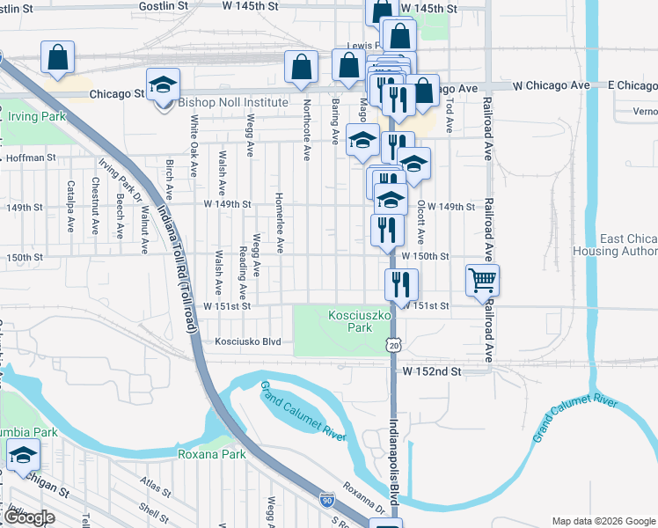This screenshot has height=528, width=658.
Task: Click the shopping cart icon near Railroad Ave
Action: pyautogui.click(x=482, y=281)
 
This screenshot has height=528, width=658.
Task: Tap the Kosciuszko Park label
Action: pyautogui.click(x=352, y=320)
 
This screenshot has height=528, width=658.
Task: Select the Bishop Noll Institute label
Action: pyautogui.click(x=233, y=103)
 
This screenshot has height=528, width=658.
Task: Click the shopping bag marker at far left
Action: pyautogui.click(x=58, y=57)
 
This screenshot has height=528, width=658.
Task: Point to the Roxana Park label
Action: pyautogui.click(x=212, y=454)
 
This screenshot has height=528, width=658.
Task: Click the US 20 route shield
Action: pyautogui.click(x=392, y=344)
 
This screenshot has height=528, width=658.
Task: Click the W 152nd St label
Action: pyautogui.click(x=433, y=372)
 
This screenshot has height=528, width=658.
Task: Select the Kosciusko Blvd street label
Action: pyautogui.click(x=246, y=341)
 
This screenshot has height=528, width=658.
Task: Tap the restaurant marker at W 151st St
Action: pyautogui.click(x=400, y=284)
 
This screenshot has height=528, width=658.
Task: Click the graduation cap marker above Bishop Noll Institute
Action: pyautogui.click(x=163, y=84)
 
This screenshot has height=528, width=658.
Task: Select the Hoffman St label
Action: pyautogui.click(x=31, y=158)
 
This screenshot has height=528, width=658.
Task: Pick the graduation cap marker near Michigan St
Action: pyautogui.click(x=23, y=455)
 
